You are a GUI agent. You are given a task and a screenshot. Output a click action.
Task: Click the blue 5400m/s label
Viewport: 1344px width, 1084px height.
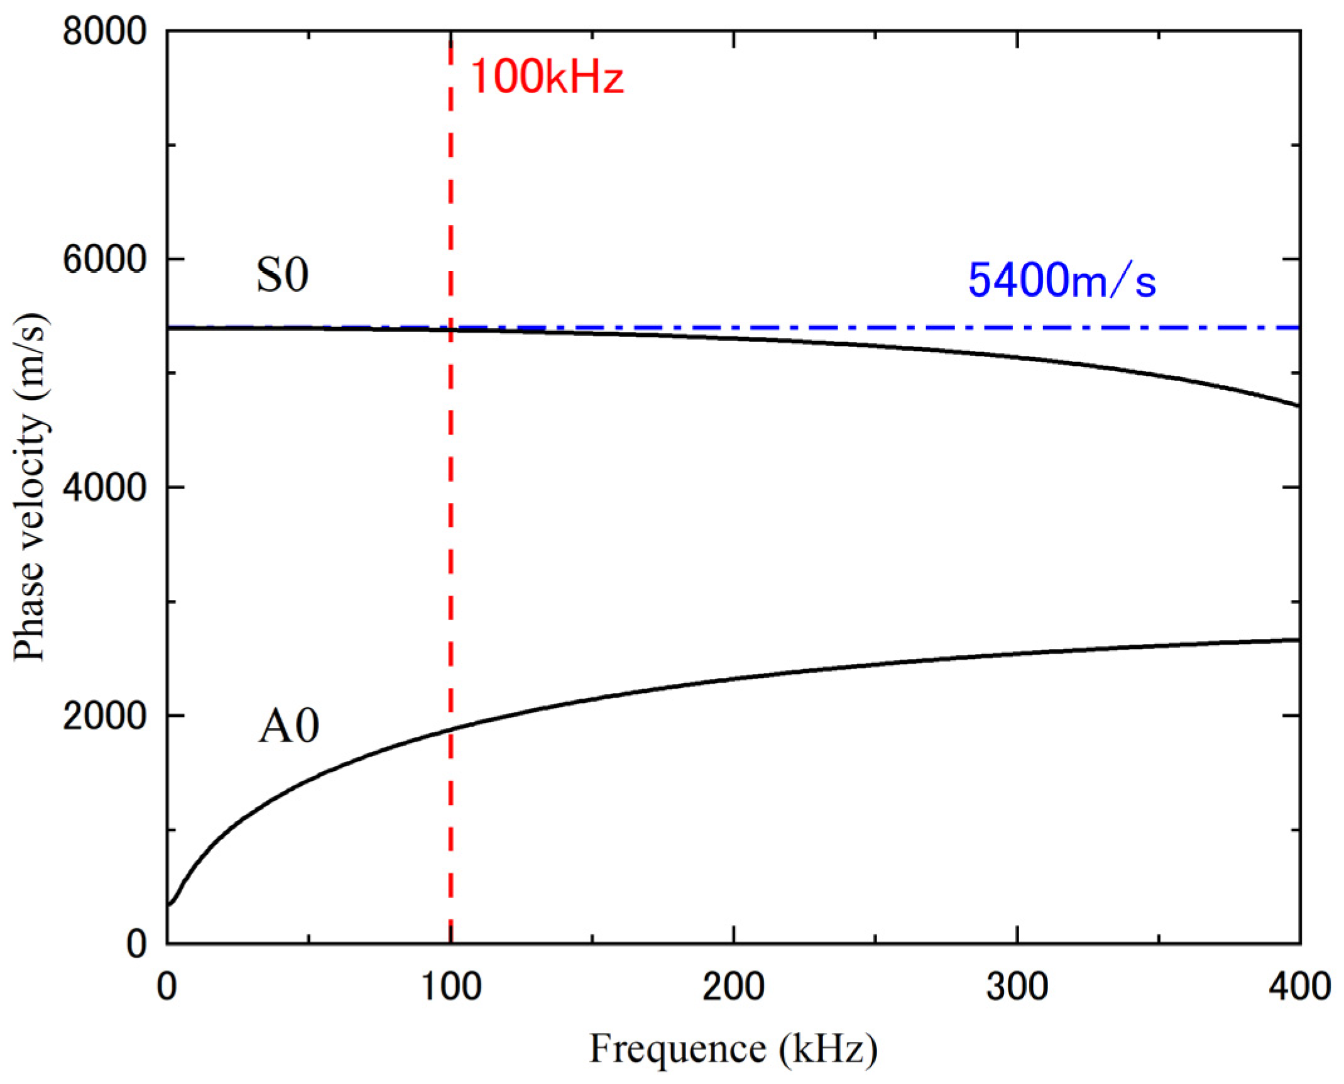[1061, 280]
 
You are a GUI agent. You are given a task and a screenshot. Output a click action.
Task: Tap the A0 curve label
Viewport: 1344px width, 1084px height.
[288, 727]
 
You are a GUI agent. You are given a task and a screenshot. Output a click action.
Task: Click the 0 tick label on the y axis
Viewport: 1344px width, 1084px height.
[137, 944]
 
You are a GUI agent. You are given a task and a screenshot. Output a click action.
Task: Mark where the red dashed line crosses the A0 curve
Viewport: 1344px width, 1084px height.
[451, 729]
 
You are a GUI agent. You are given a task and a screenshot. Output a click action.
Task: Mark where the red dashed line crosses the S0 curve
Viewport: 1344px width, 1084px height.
[451, 329]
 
